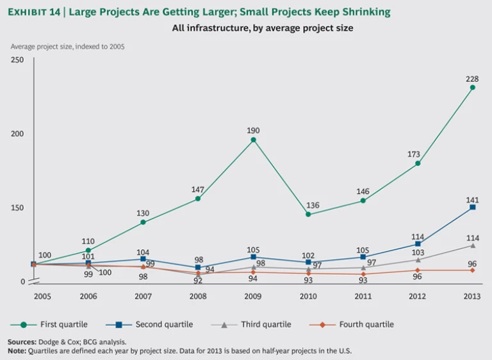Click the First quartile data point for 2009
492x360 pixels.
[253, 140]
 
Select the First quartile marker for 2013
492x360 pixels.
[473, 87]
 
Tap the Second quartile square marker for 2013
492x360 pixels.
[473, 208]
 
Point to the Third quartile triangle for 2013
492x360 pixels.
[473, 245]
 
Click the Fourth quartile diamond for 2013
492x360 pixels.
[473, 270]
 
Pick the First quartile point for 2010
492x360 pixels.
[308, 214]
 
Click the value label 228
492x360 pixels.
[472, 78]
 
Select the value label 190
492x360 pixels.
[253, 130]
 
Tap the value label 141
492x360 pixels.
[472, 198]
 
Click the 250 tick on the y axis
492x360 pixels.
[17, 60]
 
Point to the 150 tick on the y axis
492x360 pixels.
[17, 208]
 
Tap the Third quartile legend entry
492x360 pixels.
[259, 324]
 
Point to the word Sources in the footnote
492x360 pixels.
[22, 342]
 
